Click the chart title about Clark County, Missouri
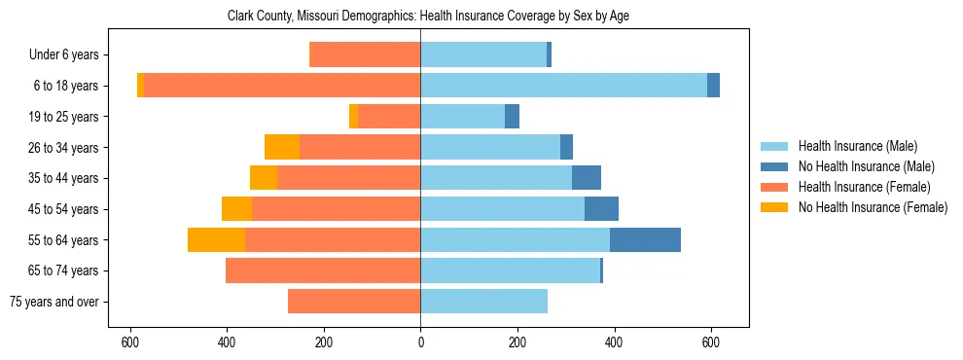[x=421, y=17]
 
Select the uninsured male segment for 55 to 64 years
[x=645, y=240]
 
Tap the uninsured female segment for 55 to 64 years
[x=216, y=240]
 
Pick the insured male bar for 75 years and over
[x=483, y=302]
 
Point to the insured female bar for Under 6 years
[x=365, y=55]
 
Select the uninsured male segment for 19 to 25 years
[x=512, y=117]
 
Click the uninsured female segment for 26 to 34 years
[x=282, y=147]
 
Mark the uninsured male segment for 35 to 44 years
[x=587, y=178]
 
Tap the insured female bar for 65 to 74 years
[x=323, y=270]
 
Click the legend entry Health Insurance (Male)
[x=857, y=146]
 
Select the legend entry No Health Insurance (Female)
[x=872, y=207]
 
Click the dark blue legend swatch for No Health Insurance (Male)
[x=774, y=166]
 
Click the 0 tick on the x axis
[x=420, y=342]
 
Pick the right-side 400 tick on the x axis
[x=614, y=342]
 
